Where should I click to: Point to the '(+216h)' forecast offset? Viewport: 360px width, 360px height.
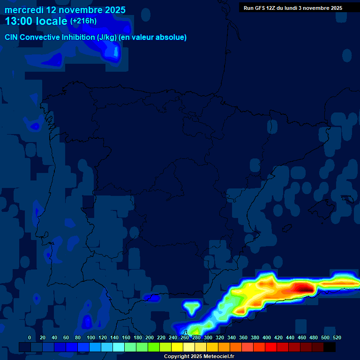point(83,21)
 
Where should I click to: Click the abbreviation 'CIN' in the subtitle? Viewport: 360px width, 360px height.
point(12,37)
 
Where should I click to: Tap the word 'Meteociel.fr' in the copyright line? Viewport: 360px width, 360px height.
point(217,357)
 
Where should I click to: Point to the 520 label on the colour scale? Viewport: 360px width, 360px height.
point(337,337)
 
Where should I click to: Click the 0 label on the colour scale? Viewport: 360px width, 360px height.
point(30,337)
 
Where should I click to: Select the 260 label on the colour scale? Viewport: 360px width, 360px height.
point(185,337)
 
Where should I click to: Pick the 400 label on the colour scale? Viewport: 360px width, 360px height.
point(267,337)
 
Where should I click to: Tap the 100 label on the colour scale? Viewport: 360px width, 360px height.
point(91,337)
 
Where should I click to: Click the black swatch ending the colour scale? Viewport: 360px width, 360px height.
point(330,347)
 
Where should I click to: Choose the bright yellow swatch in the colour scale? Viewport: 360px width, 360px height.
point(177,347)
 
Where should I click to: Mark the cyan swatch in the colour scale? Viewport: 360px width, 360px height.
point(119,347)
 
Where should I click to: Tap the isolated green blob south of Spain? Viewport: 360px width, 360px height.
point(191,307)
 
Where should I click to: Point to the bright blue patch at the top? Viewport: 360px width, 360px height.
point(111,51)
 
